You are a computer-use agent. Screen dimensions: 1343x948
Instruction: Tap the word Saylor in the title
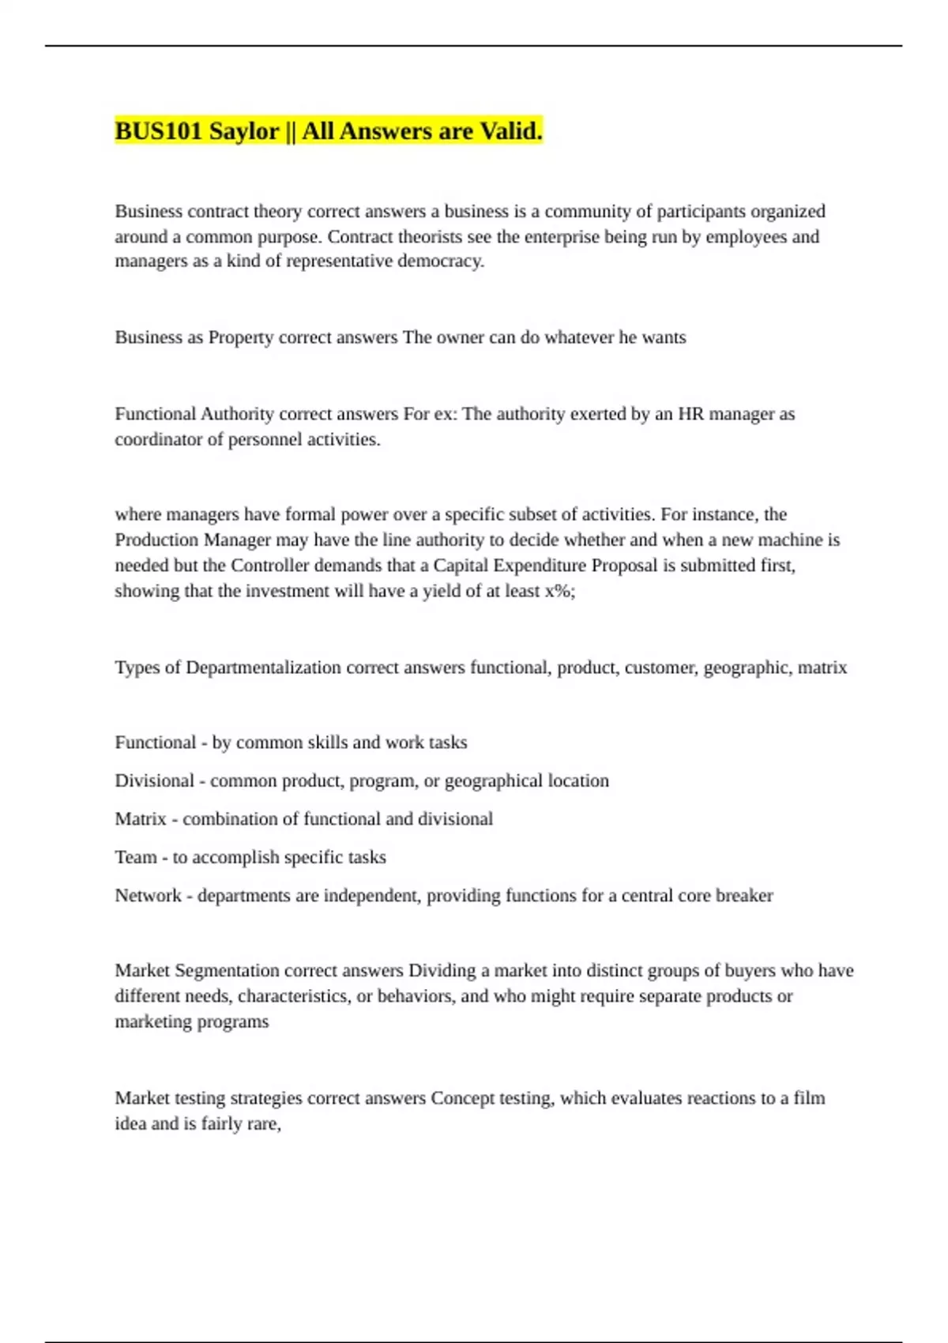[x=244, y=131]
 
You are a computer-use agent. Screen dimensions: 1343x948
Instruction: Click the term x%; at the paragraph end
[x=560, y=591]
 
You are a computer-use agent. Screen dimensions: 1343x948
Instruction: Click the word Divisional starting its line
[x=154, y=781]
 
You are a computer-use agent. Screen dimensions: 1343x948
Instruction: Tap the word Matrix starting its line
[x=141, y=819]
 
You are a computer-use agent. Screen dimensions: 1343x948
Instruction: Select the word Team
[x=135, y=857]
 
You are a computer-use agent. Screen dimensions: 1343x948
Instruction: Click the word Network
[x=149, y=896]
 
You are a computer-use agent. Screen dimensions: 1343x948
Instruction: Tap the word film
[x=809, y=1098]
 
